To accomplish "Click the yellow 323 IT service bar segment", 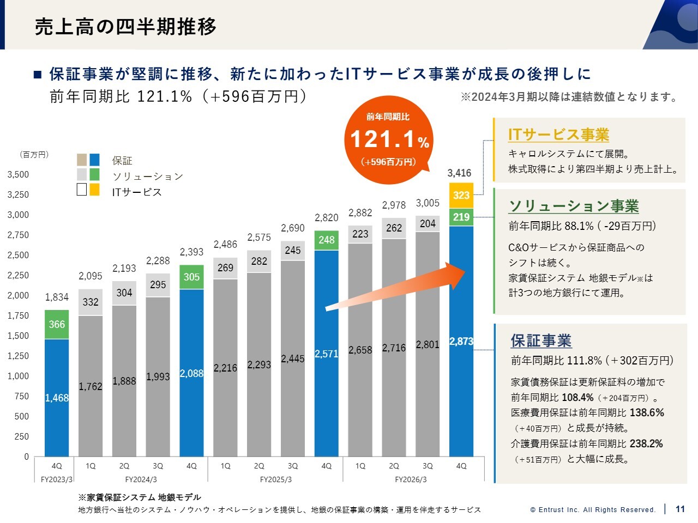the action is (461, 195).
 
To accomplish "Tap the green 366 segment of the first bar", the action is (57, 324).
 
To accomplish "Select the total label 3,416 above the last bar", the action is (459, 173).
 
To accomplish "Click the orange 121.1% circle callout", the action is (389, 140).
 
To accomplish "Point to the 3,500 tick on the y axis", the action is (18, 174).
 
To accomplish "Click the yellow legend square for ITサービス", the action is (94, 190).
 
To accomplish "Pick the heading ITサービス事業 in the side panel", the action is (558, 135).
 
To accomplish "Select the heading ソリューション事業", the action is (574, 206).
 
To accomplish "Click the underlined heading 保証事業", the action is (541, 340).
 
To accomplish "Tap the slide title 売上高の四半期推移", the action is (125, 26).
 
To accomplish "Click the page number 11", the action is (680, 509).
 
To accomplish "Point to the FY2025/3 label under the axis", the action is (276, 479).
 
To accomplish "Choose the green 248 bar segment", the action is (326, 240).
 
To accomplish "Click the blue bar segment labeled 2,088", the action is (191, 373).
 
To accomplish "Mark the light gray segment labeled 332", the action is (91, 302).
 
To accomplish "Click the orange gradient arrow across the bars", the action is (395, 286).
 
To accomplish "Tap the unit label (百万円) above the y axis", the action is (34, 155).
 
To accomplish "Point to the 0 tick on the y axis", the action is (26, 457).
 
